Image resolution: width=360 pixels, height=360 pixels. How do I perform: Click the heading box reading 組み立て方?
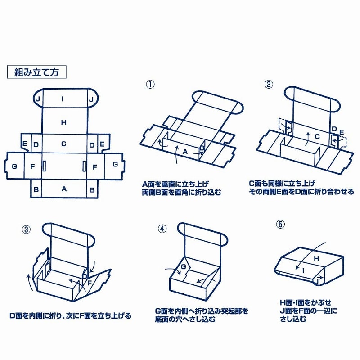point(37,72)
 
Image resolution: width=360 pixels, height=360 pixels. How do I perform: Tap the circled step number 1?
point(149,84)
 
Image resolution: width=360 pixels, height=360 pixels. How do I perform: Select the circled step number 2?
point(269,84)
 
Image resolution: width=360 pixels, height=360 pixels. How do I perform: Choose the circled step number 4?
point(162,228)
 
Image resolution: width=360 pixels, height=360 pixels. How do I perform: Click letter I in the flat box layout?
point(63,99)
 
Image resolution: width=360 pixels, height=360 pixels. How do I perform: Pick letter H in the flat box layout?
point(63,121)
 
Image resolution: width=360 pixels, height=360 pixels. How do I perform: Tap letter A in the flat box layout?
point(63,189)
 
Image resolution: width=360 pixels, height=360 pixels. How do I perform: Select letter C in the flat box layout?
point(63,144)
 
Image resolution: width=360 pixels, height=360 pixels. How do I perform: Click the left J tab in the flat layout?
point(38,99)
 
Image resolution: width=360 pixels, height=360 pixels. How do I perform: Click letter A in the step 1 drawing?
point(184,152)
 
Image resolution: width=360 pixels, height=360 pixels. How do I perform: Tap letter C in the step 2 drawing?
point(317,136)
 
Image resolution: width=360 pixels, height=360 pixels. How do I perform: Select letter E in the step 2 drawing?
point(342,132)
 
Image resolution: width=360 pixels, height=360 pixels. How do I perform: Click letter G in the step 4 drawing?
point(183,267)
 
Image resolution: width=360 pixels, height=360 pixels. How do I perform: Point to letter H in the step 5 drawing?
point(315,259)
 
